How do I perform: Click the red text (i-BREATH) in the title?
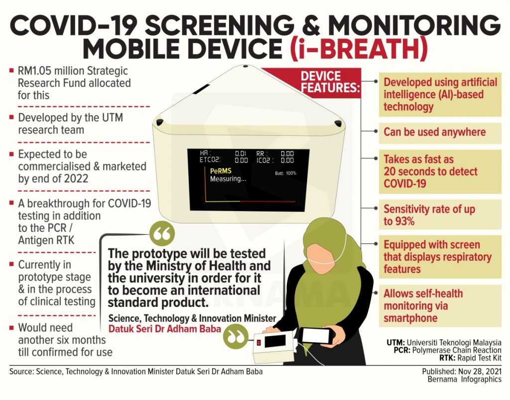coord(359,49)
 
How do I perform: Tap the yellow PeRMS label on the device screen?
coord(221,171)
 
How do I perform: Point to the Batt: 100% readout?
coord(285,173)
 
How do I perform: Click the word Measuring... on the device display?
coord(228,179)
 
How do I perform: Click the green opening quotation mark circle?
coord(162,233)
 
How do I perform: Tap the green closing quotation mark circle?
coord(236,337)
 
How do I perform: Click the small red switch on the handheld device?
coord(259,343)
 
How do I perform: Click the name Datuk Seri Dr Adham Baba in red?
coord(164,329)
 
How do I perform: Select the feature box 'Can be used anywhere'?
coord(440,133)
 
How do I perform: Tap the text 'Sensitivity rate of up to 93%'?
coord(429,215)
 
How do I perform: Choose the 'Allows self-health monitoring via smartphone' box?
coord(440,306)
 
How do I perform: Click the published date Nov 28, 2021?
coord(480,372)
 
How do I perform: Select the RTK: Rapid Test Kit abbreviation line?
coord(470,358)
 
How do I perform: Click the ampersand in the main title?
coord(313,25)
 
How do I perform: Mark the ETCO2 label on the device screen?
coord(210,160)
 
